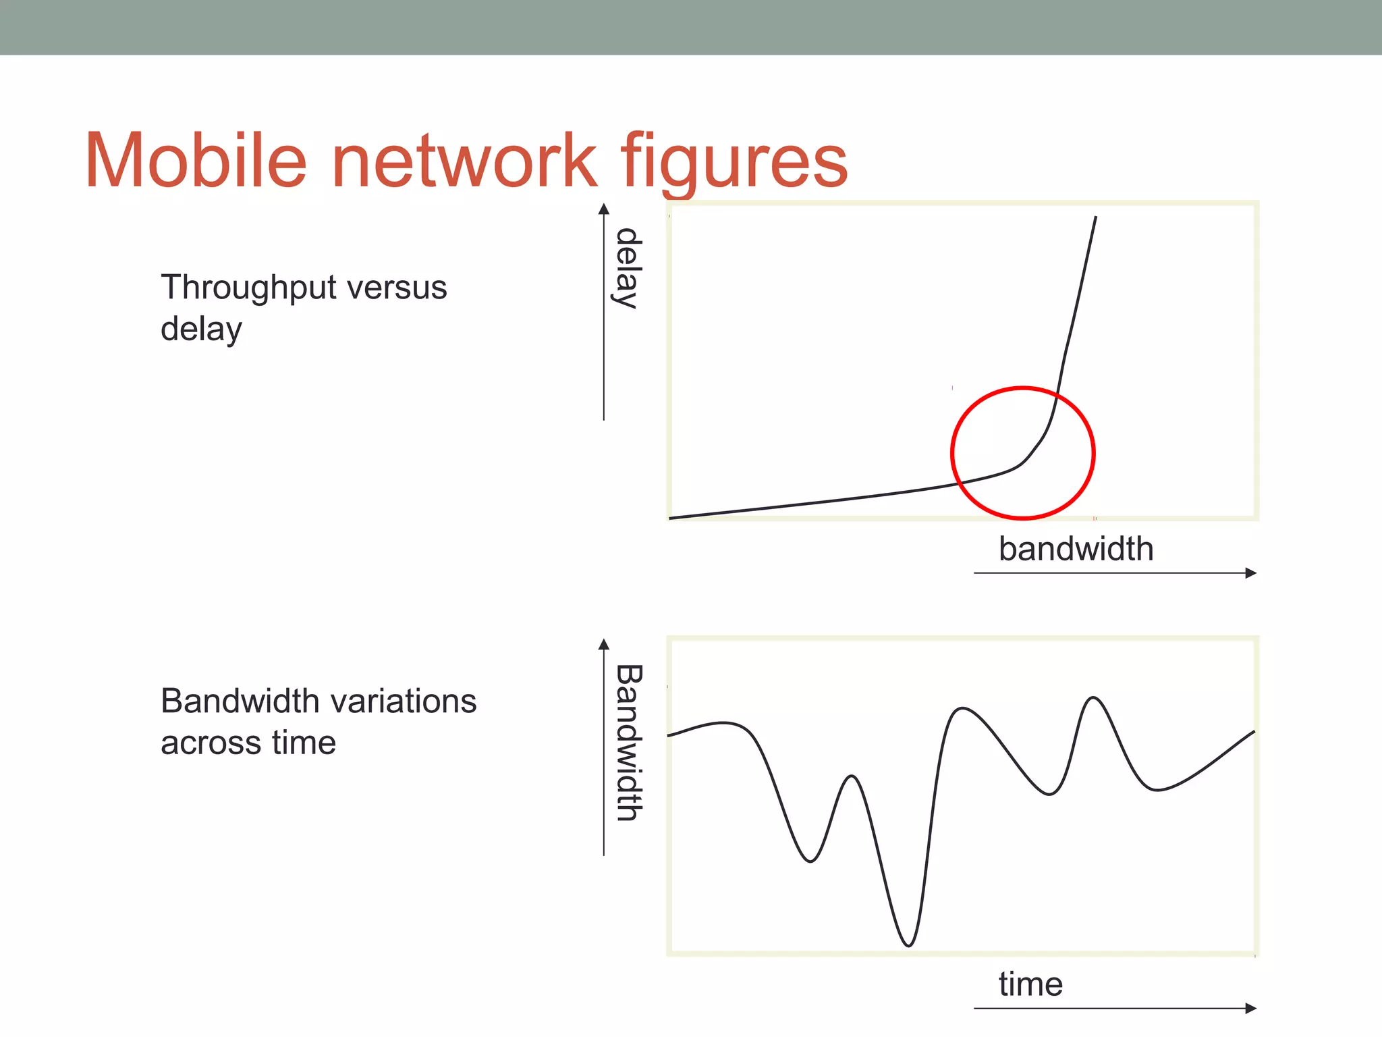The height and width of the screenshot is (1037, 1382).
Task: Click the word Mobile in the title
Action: [x=196, y=161]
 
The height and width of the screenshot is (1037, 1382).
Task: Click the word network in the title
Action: [x=464, y=161]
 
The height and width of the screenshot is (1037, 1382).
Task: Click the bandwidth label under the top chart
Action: [x=1076, y=549]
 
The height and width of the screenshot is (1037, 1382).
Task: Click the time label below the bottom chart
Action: [x=1030, y=984]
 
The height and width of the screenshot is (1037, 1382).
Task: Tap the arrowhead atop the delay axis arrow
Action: [x=604, y=209]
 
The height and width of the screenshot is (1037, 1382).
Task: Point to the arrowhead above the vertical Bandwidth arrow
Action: [x=604, y=644]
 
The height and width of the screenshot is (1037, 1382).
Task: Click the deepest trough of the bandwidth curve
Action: [x=908, y=945]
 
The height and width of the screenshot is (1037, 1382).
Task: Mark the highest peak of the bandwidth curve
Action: [x=1093, y=698]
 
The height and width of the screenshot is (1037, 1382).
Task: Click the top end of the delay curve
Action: [x=1095, y=217]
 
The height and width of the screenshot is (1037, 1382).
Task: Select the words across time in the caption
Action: [x=248, y=743]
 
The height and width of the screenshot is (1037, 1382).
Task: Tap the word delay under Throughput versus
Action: [x=201, y=330]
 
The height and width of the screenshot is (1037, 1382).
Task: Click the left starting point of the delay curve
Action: [x=671, y=518]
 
